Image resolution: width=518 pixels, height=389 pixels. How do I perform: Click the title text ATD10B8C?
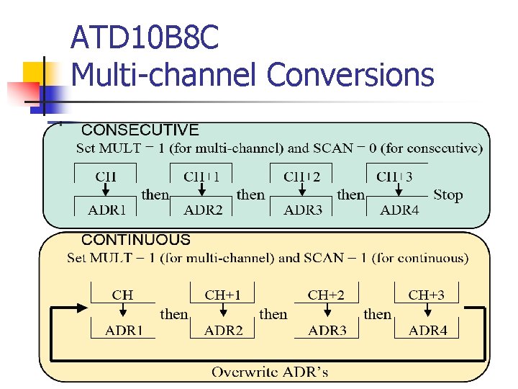click(x=145, y=38)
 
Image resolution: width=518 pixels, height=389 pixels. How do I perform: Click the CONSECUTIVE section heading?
click(x=140, y=130)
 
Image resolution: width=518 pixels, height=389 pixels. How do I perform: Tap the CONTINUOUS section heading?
click(x=136, y=240)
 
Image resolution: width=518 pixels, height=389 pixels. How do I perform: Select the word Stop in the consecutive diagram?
click(x=447, y=194)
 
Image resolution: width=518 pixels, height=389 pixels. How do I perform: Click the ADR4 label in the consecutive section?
click(x=399, y=210)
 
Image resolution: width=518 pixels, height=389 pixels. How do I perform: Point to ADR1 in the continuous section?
click(x=124, y=331)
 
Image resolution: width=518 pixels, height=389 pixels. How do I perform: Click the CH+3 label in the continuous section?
click(x=427, y=295)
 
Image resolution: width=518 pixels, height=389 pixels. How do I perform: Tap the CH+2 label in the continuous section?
click(x=326, y=295)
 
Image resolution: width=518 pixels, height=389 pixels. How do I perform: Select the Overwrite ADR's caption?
click(x=270, y=372)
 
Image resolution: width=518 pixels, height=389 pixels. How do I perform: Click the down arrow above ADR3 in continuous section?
click(x=327, y=311)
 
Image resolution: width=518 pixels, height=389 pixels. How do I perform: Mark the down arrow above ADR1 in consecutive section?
click(x=105, y=189)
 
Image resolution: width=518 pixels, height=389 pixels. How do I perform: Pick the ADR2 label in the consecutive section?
click(x=203, y=210)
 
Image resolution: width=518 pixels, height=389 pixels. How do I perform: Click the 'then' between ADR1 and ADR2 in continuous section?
click(x=174, y=314)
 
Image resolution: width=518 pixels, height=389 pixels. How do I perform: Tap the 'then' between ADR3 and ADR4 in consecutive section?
click(x=351, y=194)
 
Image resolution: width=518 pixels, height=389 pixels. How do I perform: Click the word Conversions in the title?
click(x=350, y=74)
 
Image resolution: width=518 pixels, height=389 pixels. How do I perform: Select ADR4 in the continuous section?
click(x=428, y=331)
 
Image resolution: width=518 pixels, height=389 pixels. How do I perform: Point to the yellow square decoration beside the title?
click(x=35, y=74)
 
